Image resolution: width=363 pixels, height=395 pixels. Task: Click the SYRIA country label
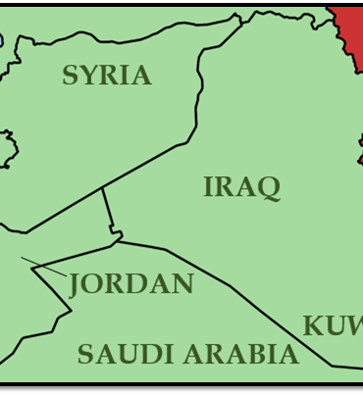(x=107, y=75)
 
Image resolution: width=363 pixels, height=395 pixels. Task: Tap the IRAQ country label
(x=242, y=186)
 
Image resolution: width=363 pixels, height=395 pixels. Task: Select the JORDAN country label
(x=131, y=284)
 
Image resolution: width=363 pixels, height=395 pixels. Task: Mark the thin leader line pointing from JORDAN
(x=43, y=266)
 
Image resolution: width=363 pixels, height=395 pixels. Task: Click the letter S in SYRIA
(x=70, y=75)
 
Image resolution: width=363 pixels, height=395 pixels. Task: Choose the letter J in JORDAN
(x=76, y=285)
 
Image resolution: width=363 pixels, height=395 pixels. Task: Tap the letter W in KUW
(x=354, y=326)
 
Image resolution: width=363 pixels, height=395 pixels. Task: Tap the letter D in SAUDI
(x=148, y=354)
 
